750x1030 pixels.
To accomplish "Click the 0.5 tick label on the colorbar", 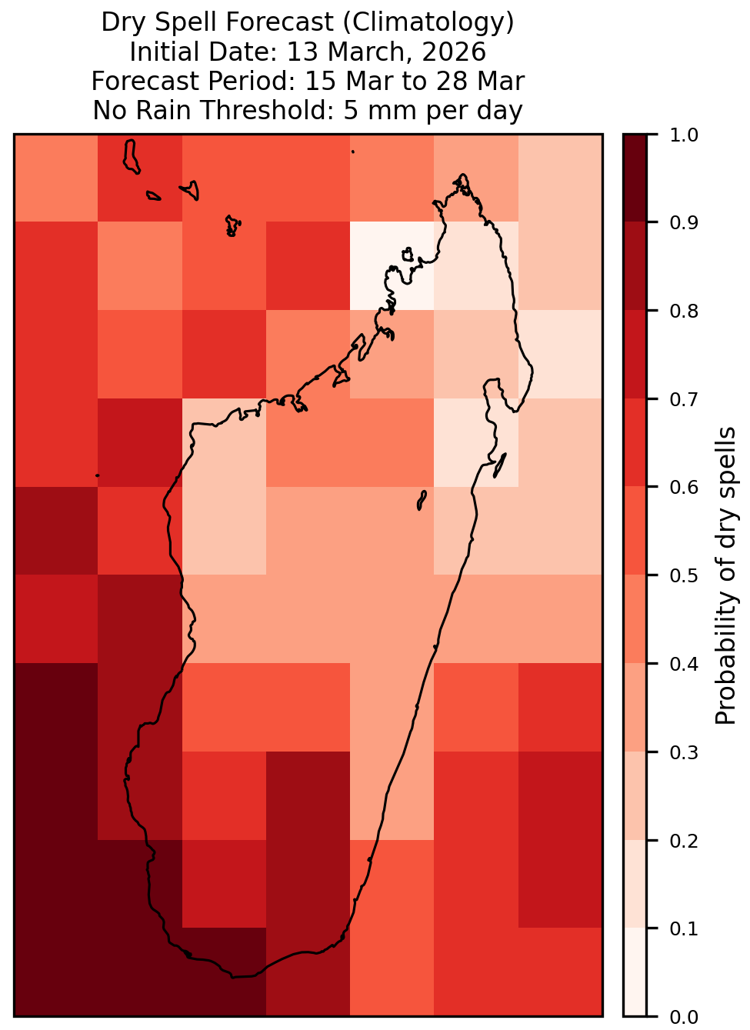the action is coord(684,575).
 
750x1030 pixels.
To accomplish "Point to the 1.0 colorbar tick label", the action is coord(684,135).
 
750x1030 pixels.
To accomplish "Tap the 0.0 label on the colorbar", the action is coord(684,1017).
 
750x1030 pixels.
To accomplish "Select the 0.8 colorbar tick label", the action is coord(684,312).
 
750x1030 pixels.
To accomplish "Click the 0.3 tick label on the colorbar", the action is coord(684,753).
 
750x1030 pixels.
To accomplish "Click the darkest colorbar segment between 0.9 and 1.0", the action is coord(635,178).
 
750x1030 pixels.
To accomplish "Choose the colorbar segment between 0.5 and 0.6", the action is coord(635,531).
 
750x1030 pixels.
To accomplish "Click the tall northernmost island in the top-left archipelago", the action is coord(131,156).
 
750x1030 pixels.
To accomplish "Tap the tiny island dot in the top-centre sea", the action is coord(353,152).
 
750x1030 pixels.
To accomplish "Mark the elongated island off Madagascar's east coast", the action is coord(500,465).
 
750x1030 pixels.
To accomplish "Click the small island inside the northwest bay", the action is coord(408,255).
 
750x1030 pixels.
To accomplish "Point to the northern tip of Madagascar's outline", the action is coord(462,175).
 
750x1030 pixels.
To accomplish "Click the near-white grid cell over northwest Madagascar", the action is coord(392,266).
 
